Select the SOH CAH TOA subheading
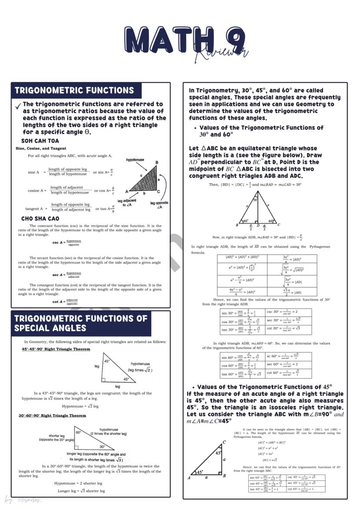(40, 141)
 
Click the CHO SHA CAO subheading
(40, 219)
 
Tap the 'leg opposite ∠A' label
(159, 205)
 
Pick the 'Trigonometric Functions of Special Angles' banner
(81, 323)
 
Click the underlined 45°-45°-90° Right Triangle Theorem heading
(56, 349)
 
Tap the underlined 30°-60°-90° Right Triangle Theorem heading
(52, 416)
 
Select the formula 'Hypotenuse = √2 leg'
(80, 406)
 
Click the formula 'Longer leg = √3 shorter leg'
(81, 491)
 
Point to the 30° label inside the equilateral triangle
(255, 200)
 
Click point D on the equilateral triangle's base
(258, 225)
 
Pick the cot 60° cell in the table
(288, 373)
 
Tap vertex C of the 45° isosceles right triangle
(224, 442)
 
